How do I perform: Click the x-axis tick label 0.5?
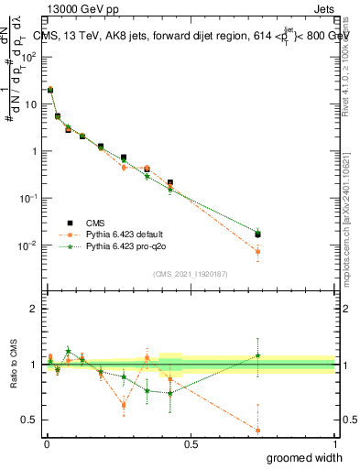(x=191, y=444)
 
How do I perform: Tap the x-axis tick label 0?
(x=47, y=444)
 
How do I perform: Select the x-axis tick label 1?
(x=334, y=444)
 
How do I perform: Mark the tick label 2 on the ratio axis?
(x=34, y=309)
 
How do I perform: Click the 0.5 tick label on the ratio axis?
(x=29, y=420)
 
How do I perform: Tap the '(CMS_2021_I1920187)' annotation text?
(x=191, y=274)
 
